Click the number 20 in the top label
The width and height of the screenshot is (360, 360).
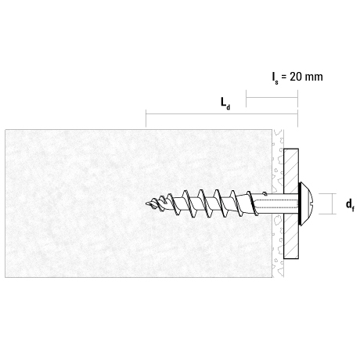(x=296, y=77)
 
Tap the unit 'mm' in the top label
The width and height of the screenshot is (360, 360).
(x=314, y=77)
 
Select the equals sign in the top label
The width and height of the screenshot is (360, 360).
(x=284, y=77)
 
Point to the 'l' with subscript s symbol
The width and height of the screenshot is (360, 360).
(x=275, y=78)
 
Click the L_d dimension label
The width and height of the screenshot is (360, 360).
(x=225, y=103)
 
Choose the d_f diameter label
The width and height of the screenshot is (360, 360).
(x=350, y=204)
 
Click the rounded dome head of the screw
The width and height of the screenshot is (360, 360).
(x=309, y=204)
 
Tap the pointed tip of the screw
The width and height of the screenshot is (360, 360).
(x=146, y=203)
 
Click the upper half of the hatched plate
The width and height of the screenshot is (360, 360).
(x=291, y=171)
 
